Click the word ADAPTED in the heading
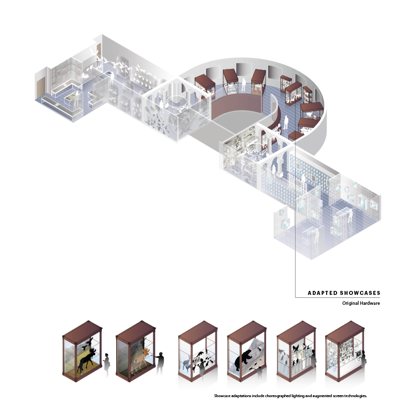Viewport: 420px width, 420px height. [x=322, y=293]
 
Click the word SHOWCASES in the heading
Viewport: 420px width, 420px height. [x=360, y=293]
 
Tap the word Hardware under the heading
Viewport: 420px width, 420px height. [x=370, y=303]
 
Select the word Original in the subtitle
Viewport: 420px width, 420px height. [x=350, y=303]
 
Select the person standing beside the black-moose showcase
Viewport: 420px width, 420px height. [x=106, y=364]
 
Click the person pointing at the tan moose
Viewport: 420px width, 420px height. [x=160, y=363]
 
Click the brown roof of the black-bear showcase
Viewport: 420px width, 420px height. [x=247, y=332]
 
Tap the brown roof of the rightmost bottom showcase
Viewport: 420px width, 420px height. [x=345, y=332]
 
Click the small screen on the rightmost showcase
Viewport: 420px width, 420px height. [x=358, y=354]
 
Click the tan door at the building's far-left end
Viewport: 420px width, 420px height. [x=40, y=87]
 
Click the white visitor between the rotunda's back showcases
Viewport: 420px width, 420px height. [x=244, y=84]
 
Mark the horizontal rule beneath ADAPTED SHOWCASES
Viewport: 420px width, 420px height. [x=338, y=297]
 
